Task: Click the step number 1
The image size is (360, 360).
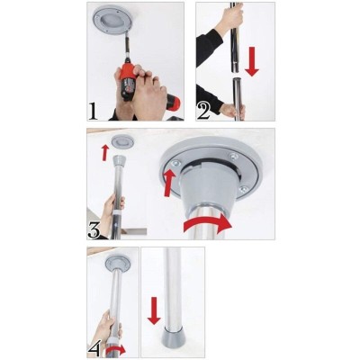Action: pos(94,111)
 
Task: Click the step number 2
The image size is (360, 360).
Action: pos(203,111)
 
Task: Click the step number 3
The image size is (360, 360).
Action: pos(94,229)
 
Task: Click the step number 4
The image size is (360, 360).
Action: pos(94,348)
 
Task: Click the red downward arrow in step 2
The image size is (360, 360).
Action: pos(251,61)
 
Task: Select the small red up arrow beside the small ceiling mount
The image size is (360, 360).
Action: pos(104,152)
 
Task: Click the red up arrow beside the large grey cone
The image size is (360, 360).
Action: pos(170,183)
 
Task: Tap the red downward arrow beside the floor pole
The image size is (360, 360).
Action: pos(154,310)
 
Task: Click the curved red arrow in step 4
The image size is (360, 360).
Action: pos(115,349)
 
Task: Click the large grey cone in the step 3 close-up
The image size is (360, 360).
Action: pos(207,191)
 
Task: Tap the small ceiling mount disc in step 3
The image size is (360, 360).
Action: pos(121,141)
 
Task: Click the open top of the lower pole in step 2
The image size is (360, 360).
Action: pos(238,79)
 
